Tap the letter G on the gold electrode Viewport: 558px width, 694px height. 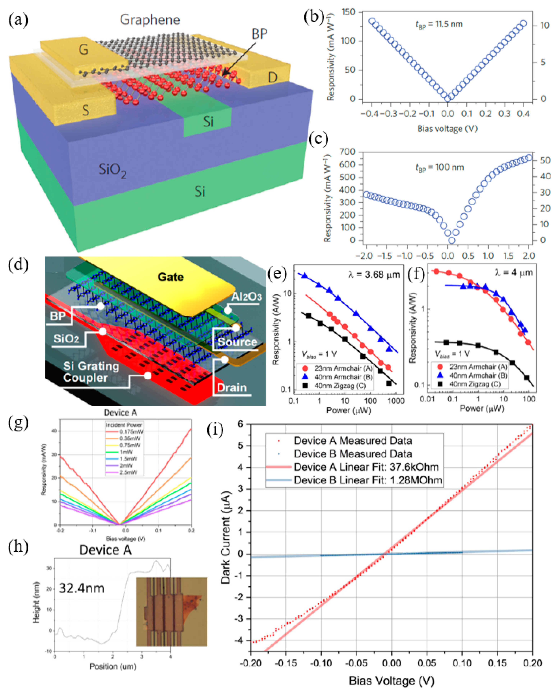83,50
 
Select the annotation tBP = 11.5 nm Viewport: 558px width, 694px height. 439,25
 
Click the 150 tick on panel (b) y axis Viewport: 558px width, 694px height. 348,12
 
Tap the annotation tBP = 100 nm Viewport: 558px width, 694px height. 440,167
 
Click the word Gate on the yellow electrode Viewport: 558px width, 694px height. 170,277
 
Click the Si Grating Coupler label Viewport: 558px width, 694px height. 91,372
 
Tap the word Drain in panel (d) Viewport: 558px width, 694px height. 232,388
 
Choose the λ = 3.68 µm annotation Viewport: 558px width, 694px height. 374,275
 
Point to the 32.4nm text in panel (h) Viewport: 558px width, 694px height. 82,588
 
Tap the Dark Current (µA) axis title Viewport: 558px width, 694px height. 226,538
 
